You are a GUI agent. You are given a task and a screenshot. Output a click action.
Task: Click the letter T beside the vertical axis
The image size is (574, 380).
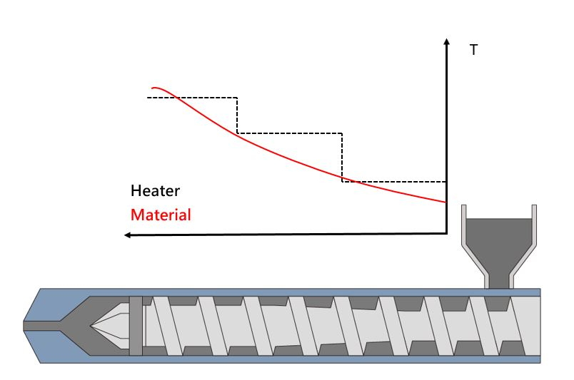pos(474,50)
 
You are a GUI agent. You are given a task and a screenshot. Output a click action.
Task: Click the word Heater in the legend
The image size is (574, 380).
pos(155,191)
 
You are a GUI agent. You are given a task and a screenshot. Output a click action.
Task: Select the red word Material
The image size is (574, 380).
pos(161,215)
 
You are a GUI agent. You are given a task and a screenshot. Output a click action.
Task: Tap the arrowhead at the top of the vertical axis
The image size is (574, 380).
pos(446,41)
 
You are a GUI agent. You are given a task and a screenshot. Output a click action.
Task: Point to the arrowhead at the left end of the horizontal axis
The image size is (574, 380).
pos(128,235)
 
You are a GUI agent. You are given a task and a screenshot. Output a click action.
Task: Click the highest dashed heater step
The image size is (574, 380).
pos(192,98)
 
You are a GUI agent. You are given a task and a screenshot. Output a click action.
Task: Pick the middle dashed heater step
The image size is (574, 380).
pos(290,133)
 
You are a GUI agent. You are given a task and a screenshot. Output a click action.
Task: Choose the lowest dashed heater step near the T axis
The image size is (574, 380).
pos(394,181)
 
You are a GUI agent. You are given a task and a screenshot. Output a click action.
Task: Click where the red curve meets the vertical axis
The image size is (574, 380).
pos(446,202)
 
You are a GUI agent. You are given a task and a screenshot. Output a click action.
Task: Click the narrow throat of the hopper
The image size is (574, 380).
pos(499,281)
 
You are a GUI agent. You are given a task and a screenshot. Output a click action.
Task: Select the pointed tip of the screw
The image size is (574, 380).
pos(91,326)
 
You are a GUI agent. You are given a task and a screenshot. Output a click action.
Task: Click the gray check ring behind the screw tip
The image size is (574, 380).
pos(136,326)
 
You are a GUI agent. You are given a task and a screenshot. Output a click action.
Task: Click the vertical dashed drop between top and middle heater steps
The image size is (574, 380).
pos(237,115)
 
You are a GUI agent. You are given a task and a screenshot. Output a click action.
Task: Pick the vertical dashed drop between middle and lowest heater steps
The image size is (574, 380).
pos(342,158)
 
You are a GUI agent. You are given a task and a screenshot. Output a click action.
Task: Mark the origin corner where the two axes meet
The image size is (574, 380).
pos(446,233)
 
